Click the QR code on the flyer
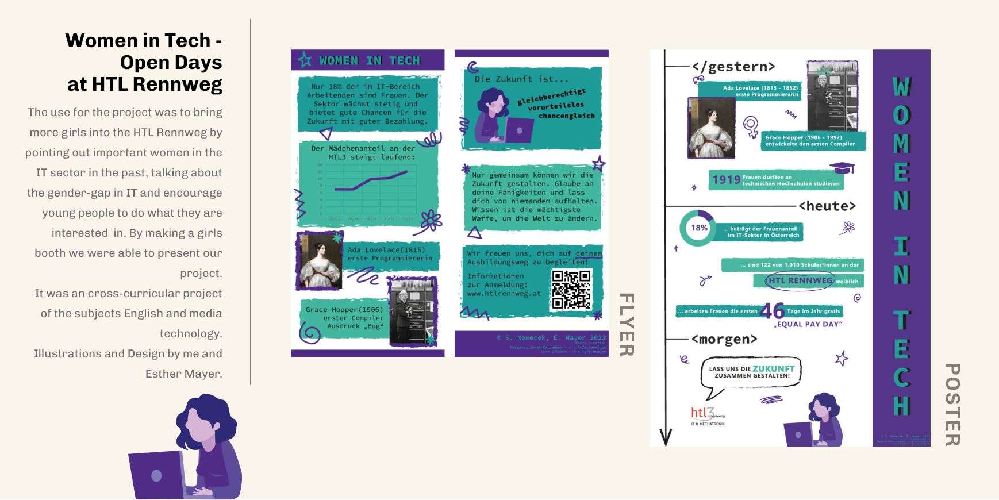(571, 289)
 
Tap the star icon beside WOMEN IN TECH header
(305, 60)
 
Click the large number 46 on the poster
(772, 311)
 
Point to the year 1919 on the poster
(726, 180)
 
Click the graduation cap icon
(842, 168)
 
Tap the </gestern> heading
(733, 67)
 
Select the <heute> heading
(827, 206)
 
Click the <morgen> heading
(724, 339)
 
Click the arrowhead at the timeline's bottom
(666, 438)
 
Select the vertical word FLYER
(627, 325)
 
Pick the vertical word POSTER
(952, 405)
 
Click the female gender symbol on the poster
(751, 126)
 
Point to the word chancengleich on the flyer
(566, 116)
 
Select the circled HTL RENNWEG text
(800, 280)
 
